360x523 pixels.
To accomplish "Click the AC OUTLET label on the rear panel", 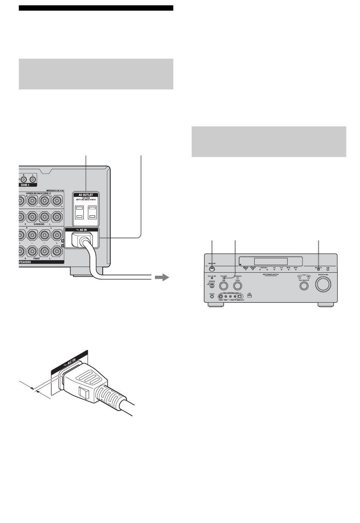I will coord(85,195).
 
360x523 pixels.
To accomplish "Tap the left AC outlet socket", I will coord(79,212).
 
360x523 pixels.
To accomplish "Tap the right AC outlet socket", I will coord(92,212).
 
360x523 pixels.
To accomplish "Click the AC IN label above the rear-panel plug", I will coord(81,230).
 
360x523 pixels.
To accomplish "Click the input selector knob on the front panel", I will coord(304,286).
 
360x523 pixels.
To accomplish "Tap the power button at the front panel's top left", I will coord(212,269).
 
